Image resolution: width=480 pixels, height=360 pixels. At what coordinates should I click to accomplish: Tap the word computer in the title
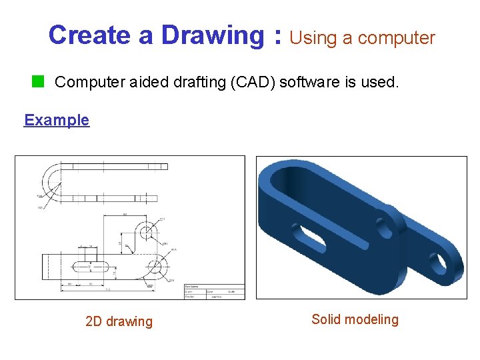397,39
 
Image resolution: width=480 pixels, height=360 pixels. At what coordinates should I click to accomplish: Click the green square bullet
39,82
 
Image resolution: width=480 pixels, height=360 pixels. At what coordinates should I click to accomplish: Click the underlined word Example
57,120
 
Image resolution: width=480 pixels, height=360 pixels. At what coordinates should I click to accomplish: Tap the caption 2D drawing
119,321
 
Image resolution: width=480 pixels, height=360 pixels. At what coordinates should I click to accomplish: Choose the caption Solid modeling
355,319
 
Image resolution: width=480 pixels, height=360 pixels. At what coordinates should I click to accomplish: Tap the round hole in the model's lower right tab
441,262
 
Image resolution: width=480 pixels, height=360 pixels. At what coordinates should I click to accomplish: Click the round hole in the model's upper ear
385,227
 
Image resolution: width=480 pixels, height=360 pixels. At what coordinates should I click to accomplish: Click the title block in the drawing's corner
214,291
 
